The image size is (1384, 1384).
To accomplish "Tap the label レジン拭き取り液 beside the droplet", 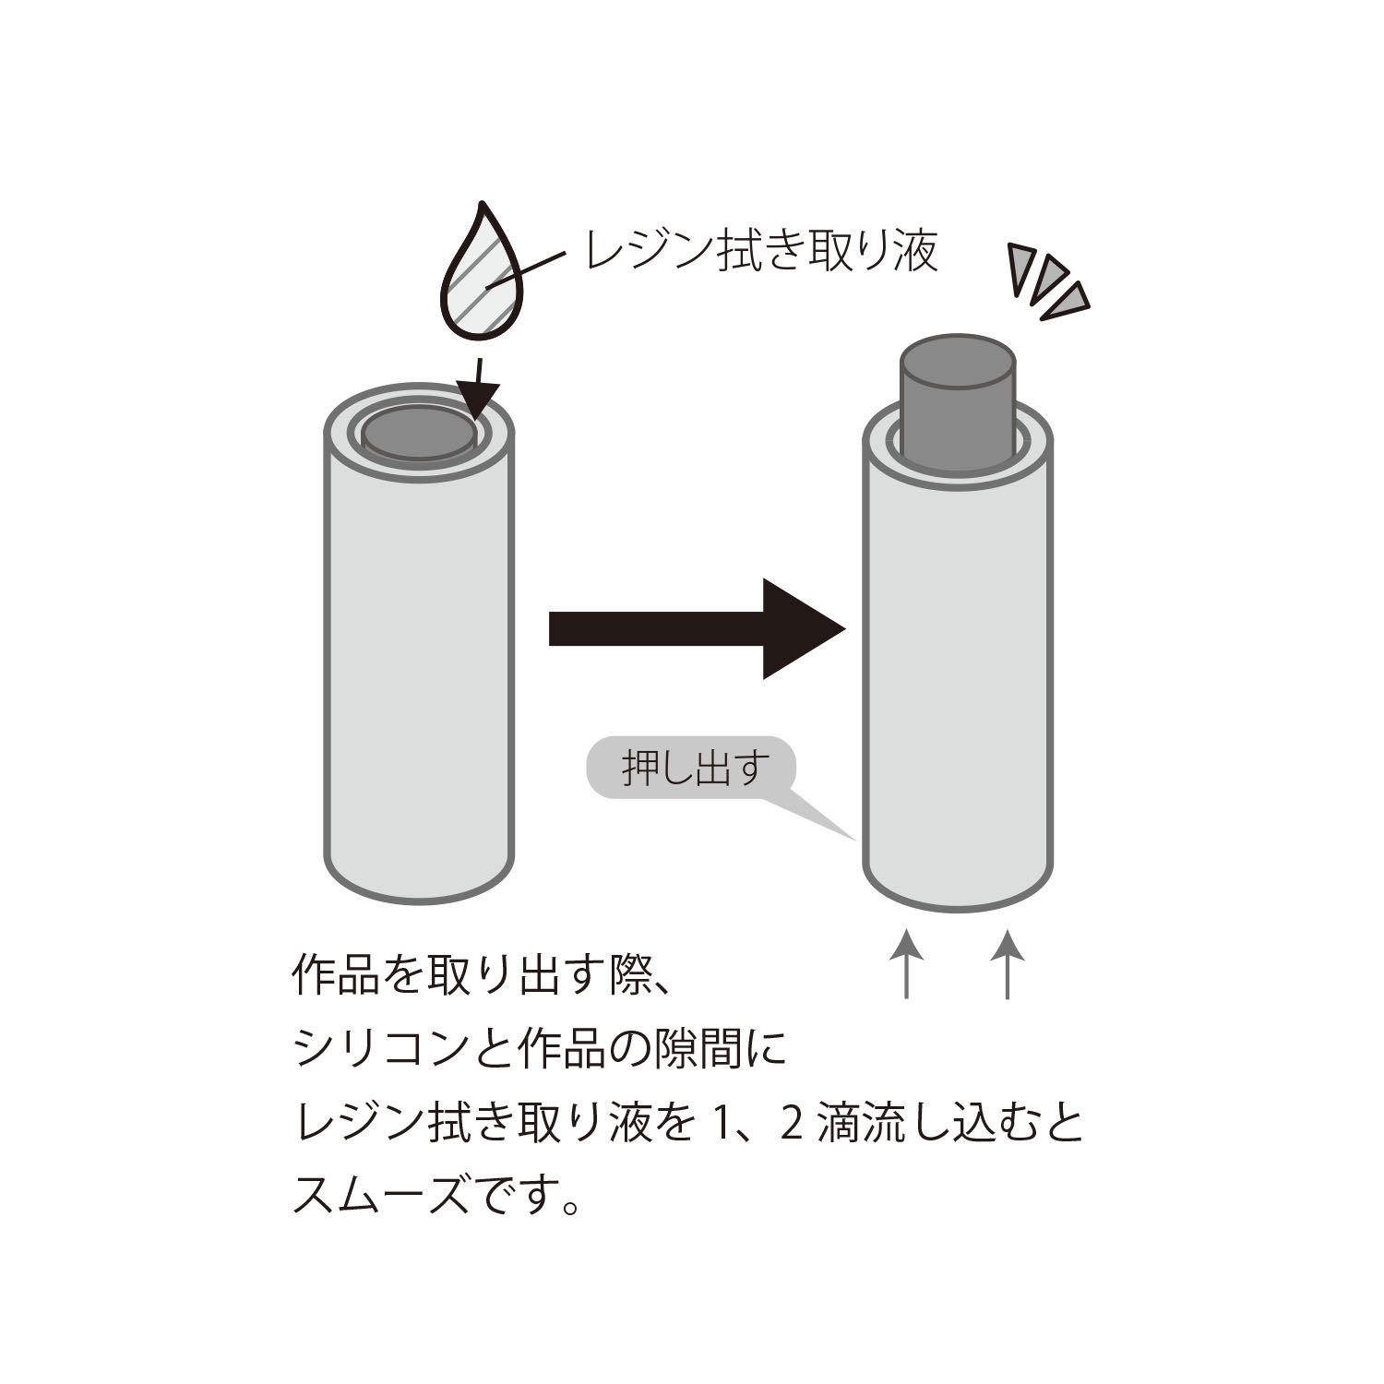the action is pos(762,249).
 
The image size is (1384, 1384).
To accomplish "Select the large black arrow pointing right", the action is pos(697,628).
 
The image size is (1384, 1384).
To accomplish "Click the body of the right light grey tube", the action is pos(958,664).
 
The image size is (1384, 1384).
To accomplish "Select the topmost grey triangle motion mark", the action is pos(1024,268).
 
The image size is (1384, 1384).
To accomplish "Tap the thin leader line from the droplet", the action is pos(527,270).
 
